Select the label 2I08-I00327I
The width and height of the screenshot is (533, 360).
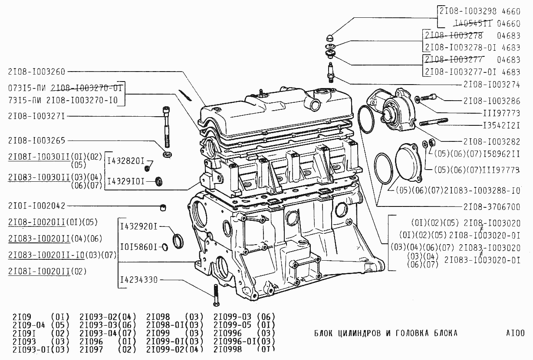36,116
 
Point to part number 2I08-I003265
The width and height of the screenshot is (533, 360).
36,141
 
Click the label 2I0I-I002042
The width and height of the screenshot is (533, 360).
36,206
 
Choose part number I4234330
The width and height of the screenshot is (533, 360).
139,280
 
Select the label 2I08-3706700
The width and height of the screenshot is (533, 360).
491,206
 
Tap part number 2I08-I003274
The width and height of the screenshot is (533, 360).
491,85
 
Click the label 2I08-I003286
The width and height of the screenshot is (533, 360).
491,101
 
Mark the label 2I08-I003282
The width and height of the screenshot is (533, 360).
491,142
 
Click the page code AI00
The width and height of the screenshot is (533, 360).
515,333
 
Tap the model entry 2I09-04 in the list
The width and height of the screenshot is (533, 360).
29,325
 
